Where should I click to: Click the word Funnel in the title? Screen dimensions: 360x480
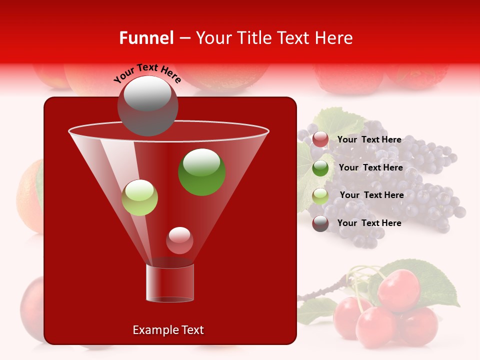pyautogui.click(x=146, y=38)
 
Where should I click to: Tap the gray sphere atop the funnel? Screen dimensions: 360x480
pyautogui.click(x=147, y=105)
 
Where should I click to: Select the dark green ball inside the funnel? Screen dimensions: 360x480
pyautogui.click(x=201, y=171)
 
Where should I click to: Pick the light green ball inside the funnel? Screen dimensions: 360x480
pyautogui.click(x=139, y=197)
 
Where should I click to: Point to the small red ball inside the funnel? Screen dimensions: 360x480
pyautogui.click(x=179, y=240)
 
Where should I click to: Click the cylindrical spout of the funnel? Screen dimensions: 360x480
pyautogui.click(x=170, y=283)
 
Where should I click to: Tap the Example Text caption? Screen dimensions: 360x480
pyautogui.click(x=168, y=330)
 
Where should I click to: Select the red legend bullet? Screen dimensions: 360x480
pyautogui.click(x=320, y=139)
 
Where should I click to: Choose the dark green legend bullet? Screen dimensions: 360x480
pyautogui.click(x=320, y=168)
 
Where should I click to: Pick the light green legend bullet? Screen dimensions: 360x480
pyautogui.click(x=320, y=195)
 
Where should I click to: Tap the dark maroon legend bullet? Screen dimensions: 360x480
pyautogui.click(x=320, y=223)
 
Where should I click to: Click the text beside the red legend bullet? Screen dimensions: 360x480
pyautogui.click(x=369, y=139)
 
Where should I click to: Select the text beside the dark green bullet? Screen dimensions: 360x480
pyautogui.click(x=370, y=167)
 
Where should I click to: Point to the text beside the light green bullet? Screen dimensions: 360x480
pyautogui.click(x=371, y=195)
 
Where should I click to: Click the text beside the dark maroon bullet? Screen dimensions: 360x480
pyautogui.click(x=369, y=223)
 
